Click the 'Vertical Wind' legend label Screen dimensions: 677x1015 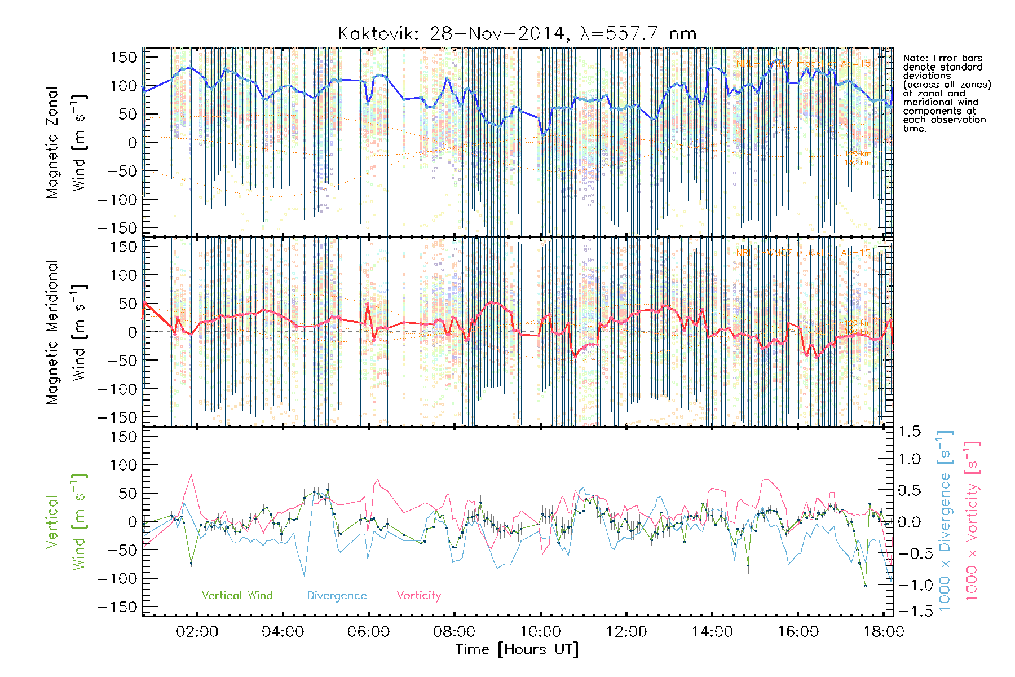click(237, 595)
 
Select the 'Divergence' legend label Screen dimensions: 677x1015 click(337, 595)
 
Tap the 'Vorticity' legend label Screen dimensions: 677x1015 click(418, 595)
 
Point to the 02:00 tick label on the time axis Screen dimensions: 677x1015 click(197, 631)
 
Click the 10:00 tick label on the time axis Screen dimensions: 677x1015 click(540, 631)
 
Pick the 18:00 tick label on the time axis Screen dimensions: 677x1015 click(884, 631)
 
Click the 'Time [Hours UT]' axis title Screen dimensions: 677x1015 click(517, 649)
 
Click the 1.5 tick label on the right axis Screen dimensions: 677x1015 click(909, 432)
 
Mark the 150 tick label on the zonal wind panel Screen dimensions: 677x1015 click(123, 57)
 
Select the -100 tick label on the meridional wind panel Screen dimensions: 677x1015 click(117, 389)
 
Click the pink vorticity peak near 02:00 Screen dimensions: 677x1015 click(191, 475)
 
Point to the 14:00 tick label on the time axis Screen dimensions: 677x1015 click(712, 631)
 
